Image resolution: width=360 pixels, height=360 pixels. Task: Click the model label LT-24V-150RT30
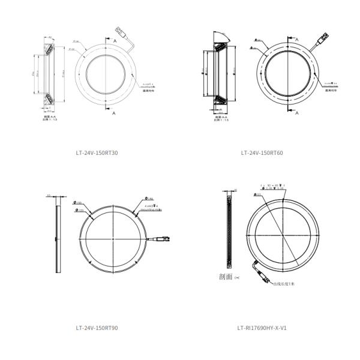pyautogui.click(x=97, y=153)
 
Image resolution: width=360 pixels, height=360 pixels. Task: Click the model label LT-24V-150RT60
pyautogui.click(x=262, y=153)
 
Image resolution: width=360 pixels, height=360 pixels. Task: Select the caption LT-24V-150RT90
pyautogui.click(x=97, y=328)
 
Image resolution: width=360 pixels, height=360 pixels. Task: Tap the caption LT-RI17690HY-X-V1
pyautogui.click(x=262, y=328)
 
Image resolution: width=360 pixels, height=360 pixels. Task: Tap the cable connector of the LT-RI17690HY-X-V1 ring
pyautogui.click(x=262, y=278)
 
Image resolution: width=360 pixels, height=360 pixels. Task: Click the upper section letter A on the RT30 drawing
pyautogui.click(x=114, y=40)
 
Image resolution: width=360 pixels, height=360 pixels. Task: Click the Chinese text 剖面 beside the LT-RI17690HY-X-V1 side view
pyautogui.click(x=229, y=277)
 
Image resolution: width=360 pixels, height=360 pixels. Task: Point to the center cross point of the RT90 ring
pyautogui.click(x=113, y=239)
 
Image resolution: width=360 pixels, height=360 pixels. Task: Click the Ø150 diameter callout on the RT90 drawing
pyautogui.click(x=78, y=204)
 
